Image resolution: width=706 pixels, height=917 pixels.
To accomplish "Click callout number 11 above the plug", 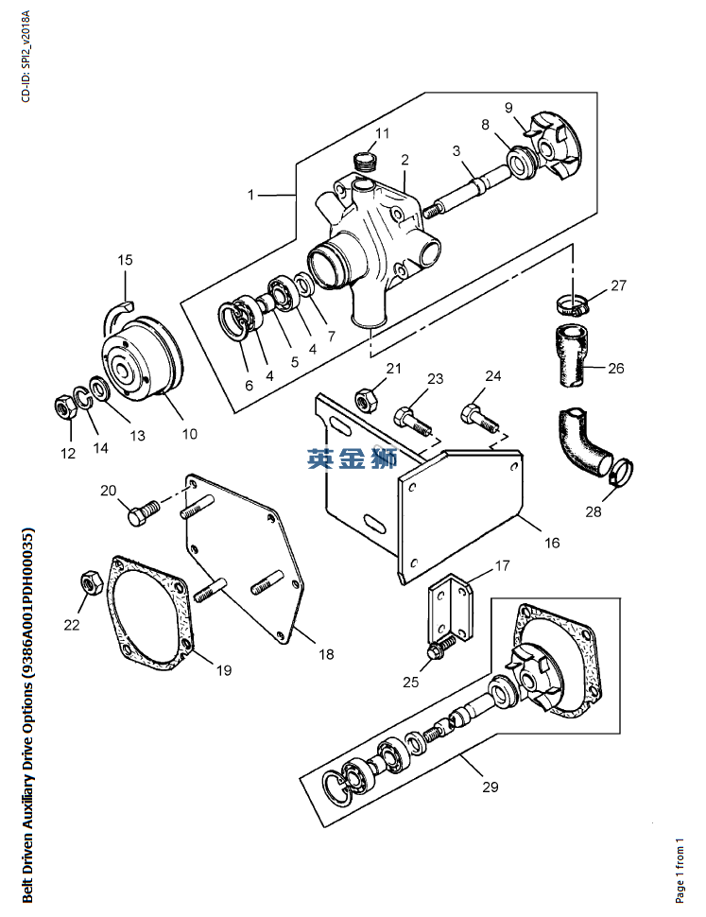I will click(382, 132).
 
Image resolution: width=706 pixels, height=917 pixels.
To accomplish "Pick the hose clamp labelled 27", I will click(572, 304).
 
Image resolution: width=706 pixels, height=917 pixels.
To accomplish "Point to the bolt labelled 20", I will click(138, 514).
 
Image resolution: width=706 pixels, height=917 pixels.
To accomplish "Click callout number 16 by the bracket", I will click(552, 543).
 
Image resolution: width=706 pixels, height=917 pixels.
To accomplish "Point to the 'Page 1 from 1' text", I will click(679, 870).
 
